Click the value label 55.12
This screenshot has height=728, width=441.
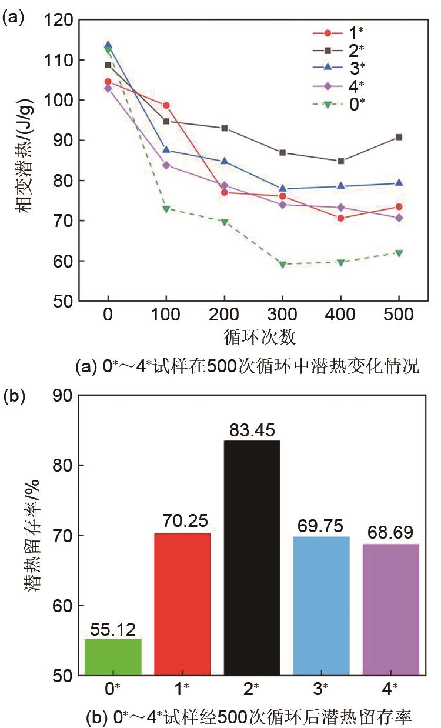(x=113, y=630)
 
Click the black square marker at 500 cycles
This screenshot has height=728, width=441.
(x=399, y=137)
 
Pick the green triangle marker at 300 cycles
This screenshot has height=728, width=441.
(x=283, y=265)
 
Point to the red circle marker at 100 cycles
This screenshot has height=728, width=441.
(x=166, y=105)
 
